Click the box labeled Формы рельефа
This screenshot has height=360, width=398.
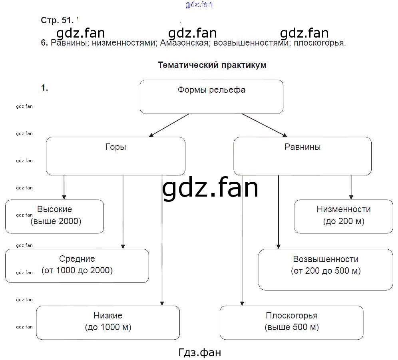(x=211, y=96)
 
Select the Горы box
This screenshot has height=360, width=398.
(x=115, y=156)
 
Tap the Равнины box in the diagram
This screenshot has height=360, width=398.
(x=302, y=156)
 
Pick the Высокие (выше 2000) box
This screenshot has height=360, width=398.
(x=54, y=216)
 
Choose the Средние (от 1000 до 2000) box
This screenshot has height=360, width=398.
(x=77, y=266)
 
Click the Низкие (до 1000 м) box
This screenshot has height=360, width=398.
(x=108, y=322)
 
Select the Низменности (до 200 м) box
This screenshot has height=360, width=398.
(x=344, y=216)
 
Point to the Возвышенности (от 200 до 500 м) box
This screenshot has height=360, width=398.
(x=326, y=269)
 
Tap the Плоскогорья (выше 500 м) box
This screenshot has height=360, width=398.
(x=292, y=322)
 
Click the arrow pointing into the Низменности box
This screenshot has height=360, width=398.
(x=351, y=187)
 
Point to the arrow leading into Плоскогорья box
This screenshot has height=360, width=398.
(x=242, y=240)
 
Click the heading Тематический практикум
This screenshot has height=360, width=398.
(x=212, y=65)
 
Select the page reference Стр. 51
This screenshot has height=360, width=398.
(x=57, y=20)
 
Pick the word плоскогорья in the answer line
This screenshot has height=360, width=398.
(x=320, y=43)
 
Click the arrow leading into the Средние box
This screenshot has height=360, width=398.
(x=123, y=212)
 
